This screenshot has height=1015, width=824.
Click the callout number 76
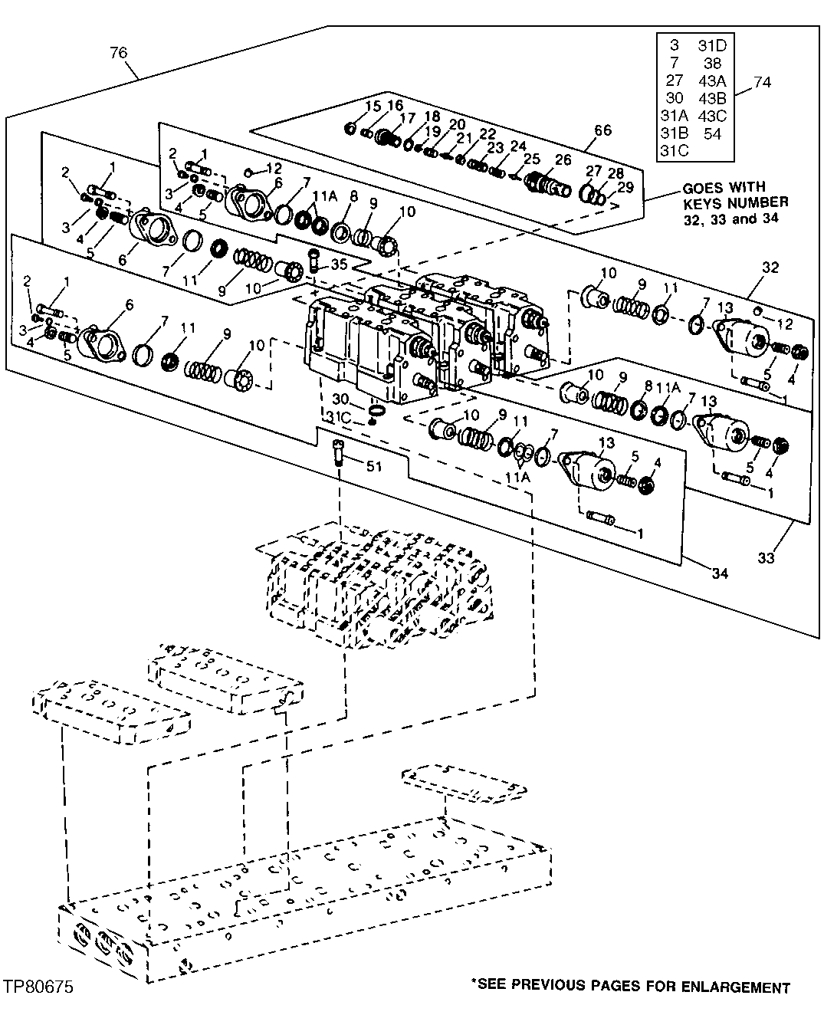tap(118, 53)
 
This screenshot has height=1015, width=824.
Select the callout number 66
tap(603, 130)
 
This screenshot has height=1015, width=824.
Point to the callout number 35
tap(339, 263)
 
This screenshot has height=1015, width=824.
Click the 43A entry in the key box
tap(712, 81)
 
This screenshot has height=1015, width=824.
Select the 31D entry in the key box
tap(712, 46)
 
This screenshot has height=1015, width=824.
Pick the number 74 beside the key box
tap(763, 81)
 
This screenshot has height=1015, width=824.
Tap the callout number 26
tap(563, 159)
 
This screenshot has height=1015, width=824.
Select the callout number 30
tap(340, 399)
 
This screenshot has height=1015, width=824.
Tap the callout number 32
tap(770, 267)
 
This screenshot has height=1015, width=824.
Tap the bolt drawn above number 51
tap(340, 454)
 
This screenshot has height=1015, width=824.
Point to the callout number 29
tap(625, 188)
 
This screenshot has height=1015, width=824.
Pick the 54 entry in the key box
tap(712, 133)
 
